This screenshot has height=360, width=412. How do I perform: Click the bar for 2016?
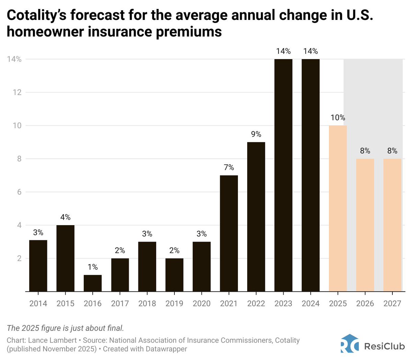(93, 283)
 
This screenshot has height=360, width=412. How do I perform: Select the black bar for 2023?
(283, 175)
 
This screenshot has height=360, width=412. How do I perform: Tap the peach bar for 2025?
(338, 208)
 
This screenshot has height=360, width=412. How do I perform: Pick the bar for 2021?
(229, 233)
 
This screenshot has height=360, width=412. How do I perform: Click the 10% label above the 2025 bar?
(338, 118)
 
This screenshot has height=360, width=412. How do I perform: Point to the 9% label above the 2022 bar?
(256, 134)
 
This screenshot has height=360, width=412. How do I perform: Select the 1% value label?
(93, 267)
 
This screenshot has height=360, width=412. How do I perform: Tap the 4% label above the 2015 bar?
(65, 217)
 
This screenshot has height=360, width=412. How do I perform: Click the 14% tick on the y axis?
(14, 59)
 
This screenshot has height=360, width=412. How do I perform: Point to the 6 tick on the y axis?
(19, 192)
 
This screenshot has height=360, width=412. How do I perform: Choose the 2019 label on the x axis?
(174, 303)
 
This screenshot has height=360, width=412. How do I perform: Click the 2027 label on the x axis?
(392, 303)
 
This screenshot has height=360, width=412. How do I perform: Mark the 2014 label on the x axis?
(38, 303)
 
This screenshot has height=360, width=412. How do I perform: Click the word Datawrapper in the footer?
(166, 349)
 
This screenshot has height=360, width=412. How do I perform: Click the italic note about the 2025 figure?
(65, 328)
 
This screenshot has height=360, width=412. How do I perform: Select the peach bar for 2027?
(392, 225)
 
